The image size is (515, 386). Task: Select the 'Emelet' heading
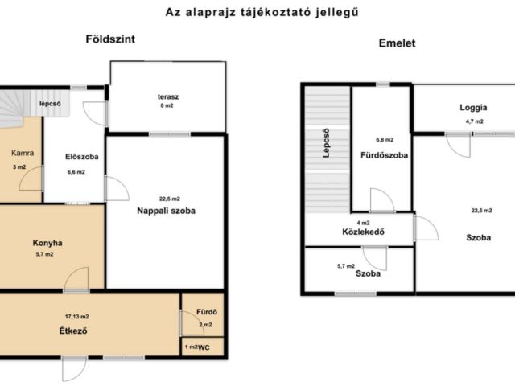(x=397, y=43)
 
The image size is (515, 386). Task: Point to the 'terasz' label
(x=168, y=96)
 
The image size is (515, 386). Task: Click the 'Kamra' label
(x=22, y=152)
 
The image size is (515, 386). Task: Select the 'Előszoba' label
(x=82, y=156)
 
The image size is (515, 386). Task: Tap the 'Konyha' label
(x=47, y=243)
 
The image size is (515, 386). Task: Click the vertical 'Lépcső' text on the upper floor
(x=327, y=143)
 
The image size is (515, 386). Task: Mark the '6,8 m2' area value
(x=382, y=138)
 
